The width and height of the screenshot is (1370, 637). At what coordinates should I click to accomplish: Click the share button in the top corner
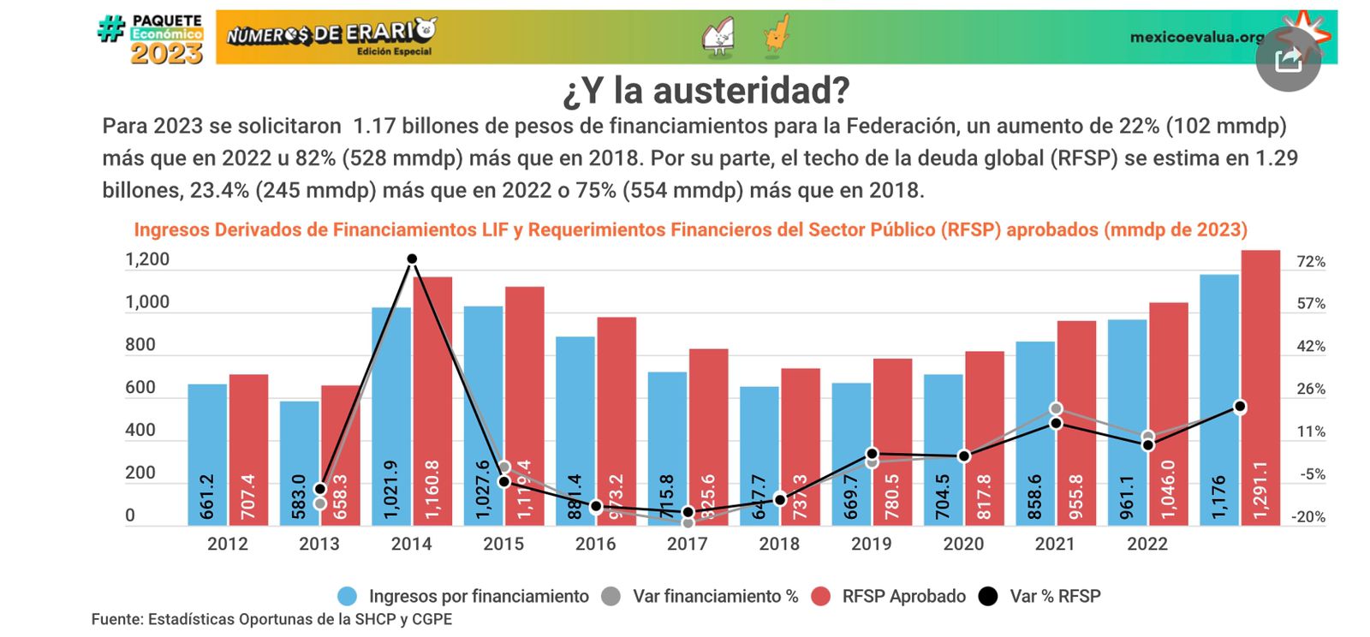click(x=1288, y=59)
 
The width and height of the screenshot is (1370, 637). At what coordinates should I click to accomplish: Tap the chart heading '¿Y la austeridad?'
click(x=706, y=91)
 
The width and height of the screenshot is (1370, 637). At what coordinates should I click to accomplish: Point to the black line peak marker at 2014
click(x=412, y=259)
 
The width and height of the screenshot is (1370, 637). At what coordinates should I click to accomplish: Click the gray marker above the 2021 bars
click(x=1056, y=409)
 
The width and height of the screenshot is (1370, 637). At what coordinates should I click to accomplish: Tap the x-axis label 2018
click(x=779, y=544)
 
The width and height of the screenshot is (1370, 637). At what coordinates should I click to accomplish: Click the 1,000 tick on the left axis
click(x=147, y=302)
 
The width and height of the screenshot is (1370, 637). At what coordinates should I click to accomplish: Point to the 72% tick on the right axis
click(x=1311, y=261)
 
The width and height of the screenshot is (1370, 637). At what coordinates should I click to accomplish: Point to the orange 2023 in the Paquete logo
click(x=166, y=54)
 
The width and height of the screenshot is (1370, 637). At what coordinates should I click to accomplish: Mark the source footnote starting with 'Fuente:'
click(x=271, y=619)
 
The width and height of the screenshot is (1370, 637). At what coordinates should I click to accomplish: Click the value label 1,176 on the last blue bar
click(x=1219, y=497)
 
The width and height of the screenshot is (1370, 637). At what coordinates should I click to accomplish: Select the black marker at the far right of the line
click(x=1240, y=408)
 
